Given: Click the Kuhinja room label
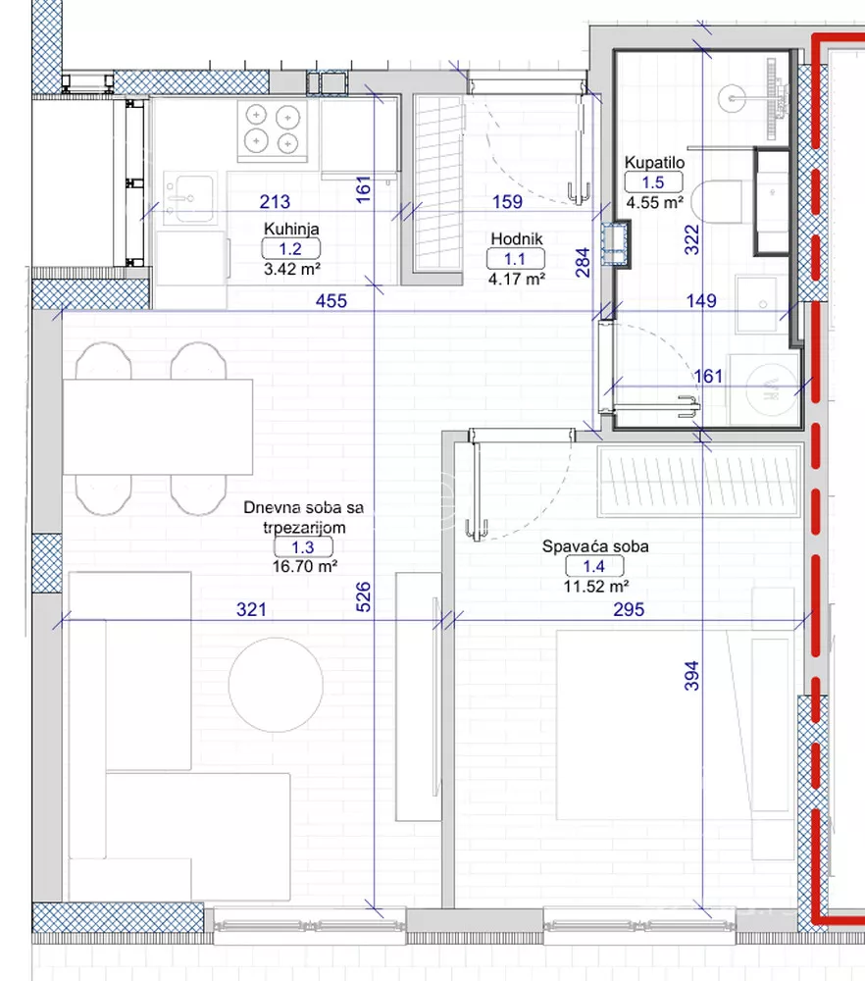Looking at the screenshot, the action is tap(291, 229).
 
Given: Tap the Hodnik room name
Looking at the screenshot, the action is tap(517, 238).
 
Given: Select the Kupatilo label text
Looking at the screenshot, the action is tap(654, 163).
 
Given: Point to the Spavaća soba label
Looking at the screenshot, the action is tap(594, 546).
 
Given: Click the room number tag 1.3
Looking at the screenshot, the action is tap(303, 547).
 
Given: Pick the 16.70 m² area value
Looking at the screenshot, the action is tap(305, 567).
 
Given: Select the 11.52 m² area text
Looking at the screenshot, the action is tap(595, 587).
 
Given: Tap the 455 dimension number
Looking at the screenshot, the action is tap(331, 301).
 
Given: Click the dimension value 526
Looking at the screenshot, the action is tap(363, 596).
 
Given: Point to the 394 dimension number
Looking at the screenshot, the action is tap(691, 676).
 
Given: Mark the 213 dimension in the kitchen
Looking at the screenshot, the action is tap(275, 201).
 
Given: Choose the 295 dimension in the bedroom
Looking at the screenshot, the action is tap(629, 609).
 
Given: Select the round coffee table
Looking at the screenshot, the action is tap(276, 685).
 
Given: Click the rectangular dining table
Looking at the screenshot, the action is tap(158, 427).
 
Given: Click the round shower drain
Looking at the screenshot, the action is tap(732, 99).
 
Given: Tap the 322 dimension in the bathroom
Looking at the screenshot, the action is tap(691, 239).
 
